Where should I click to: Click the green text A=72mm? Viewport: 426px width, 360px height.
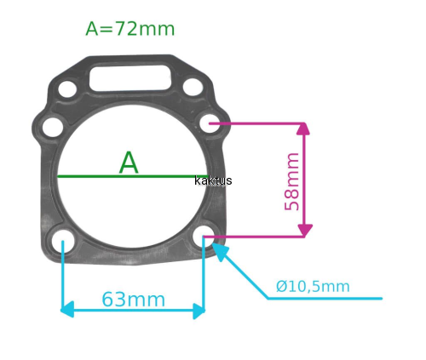[x=130, y=29]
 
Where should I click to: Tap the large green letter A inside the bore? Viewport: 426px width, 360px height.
[x=129, y=163]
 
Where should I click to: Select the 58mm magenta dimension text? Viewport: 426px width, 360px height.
[x=292, y=181]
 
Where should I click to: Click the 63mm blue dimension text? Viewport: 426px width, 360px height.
[x=133, y=300]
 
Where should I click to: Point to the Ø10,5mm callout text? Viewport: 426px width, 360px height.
[x=313, y=286]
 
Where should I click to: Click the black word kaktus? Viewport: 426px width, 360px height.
[x=213, y=180]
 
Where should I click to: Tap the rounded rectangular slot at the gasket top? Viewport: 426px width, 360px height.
[x=130, y=77]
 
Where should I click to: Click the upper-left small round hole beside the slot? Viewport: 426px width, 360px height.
[x=67, y=89]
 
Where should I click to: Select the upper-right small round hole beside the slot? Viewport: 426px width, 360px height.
[x=193, y=87]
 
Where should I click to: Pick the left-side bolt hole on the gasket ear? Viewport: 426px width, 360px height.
[x=53, y=127]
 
